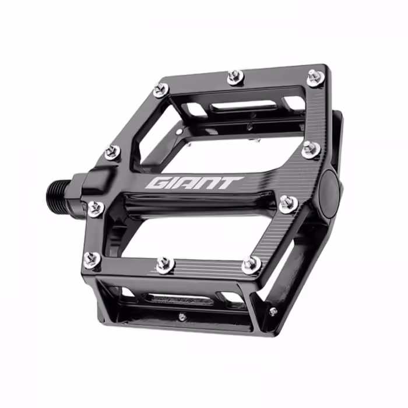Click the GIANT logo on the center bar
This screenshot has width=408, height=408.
[194, 184]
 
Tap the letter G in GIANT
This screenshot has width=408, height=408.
[157, 184]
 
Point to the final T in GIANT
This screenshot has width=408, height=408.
[231, 183]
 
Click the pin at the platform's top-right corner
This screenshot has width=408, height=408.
[316, 78]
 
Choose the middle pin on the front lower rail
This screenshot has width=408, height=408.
[165, 265]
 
